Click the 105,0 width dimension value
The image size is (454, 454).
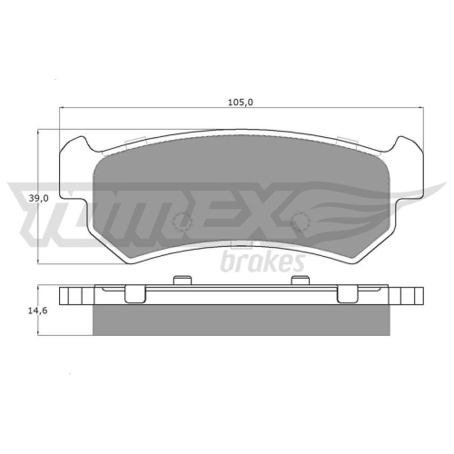click(x=240, y=102)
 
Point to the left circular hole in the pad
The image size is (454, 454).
click(x=182, y=222)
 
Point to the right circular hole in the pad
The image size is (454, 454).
click(x=300, y=222)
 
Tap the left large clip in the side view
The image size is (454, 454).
click(x=134, y=292)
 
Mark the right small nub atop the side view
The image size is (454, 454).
click(x=295, y=282)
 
